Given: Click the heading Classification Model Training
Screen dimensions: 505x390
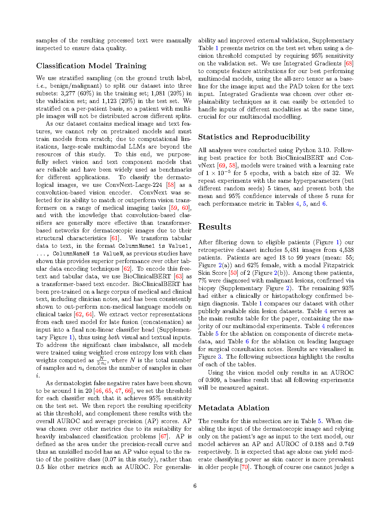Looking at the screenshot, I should tap(91, 66).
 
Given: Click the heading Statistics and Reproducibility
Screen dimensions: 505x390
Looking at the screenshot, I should tap(254, 137).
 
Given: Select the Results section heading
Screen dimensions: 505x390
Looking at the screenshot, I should tap(214, 227).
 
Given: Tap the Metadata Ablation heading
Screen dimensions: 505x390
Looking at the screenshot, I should tap(234, 408).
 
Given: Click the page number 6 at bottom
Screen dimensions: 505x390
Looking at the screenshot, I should tap(195, 486).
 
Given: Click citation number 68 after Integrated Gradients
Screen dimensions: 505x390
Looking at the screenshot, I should tap(349, 63).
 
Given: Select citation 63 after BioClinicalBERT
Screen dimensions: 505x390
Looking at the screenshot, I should tap(179, 276).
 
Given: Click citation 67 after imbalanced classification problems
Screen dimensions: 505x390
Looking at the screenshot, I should tap(163, 436).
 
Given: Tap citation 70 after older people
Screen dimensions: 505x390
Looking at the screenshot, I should tap(245, 467).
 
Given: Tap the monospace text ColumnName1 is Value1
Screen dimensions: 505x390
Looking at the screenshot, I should tap(154, 246).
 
